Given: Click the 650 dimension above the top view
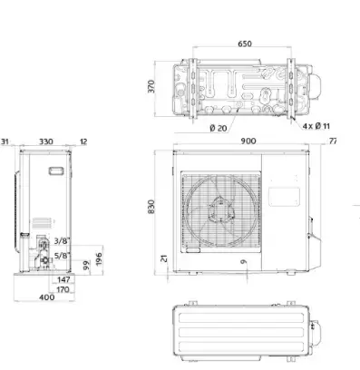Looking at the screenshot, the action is (245, 44).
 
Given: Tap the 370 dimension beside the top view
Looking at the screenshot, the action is (151, 86).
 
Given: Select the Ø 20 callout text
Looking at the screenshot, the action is (219, 128).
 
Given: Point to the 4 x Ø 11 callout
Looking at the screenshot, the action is (316, 126).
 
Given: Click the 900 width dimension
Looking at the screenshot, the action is (248, 141).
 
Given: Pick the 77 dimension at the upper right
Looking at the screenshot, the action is (333, 141).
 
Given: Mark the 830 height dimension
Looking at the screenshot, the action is (151, 207).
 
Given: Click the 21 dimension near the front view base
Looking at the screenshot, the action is (164, 258).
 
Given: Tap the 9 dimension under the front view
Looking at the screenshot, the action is (244, 261).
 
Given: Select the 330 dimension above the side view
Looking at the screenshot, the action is (46, 141).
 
